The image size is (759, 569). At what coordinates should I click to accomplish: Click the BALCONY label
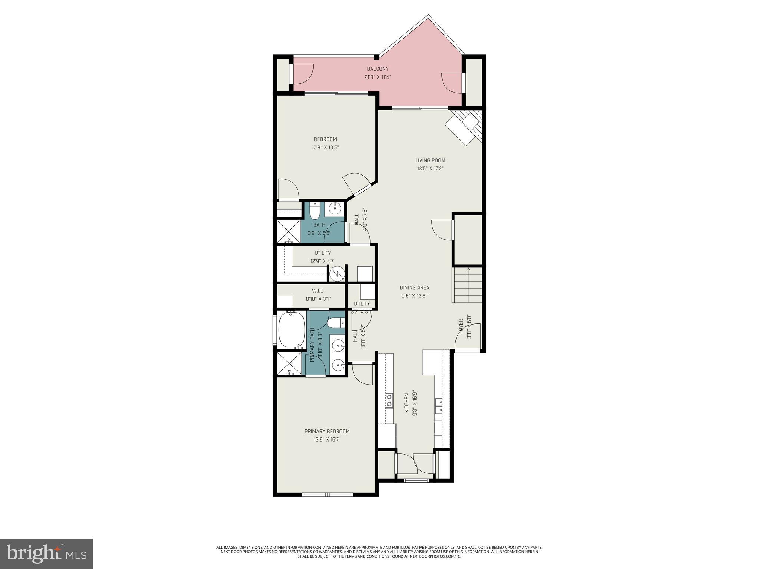(x=378, y=69)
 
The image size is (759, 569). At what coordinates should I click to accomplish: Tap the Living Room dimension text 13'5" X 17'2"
(x=430, y=169)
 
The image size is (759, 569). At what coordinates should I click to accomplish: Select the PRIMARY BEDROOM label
(x=327, y=431)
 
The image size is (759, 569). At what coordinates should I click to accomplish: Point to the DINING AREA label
(x=414, y=287)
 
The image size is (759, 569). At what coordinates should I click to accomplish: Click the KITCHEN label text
(x=407, y=403)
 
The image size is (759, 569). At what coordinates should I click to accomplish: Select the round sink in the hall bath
(x=335, y=209)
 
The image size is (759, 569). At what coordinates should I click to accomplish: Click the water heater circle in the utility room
(x=337, y=274)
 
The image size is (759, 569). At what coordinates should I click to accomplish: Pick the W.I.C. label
(x=318, y=291)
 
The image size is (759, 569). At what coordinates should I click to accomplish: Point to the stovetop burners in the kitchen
(x=389, y=400)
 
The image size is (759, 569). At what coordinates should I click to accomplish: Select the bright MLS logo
(x=46, y=554)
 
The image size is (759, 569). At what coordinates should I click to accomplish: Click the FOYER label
(x=461, y=327)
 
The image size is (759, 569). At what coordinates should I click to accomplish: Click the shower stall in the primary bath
(x=289, y=363)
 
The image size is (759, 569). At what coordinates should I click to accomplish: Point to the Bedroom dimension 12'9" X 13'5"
(x=325, y=147)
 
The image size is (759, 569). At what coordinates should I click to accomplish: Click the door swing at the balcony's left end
(x=303, y=74)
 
